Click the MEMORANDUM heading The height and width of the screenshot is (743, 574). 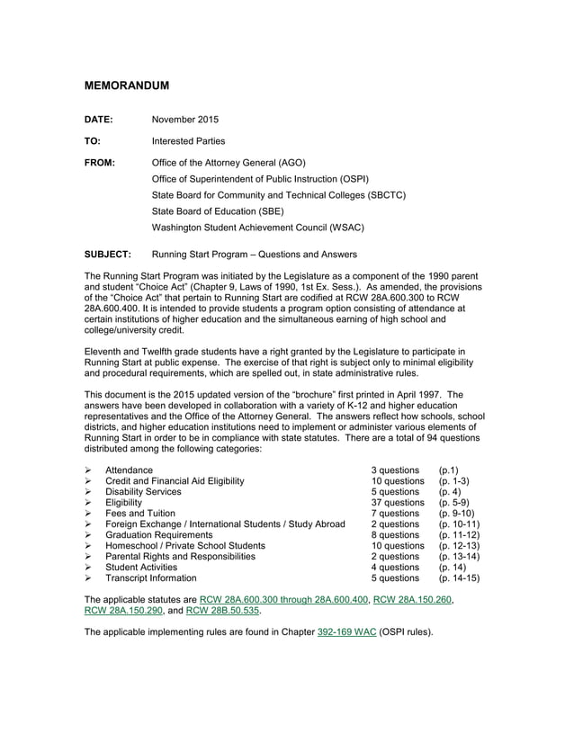(127, 85)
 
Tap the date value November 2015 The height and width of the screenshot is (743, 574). (185, 120)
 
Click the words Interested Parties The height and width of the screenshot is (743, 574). (188, 141)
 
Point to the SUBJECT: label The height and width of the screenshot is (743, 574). (108, 255)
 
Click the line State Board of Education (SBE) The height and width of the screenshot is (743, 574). (218, 211)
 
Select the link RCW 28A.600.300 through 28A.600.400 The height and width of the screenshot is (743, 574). (284, 599)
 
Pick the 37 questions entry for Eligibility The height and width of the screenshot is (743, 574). (398, 503)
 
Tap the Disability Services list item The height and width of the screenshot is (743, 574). (143, 492)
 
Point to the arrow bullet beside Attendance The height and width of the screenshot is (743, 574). (88, 470)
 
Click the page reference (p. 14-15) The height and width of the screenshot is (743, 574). (459, 578)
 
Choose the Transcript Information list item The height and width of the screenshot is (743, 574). (150, 578)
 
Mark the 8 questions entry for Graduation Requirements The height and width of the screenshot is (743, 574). (395, 535)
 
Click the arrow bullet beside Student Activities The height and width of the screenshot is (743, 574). (88, 568)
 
